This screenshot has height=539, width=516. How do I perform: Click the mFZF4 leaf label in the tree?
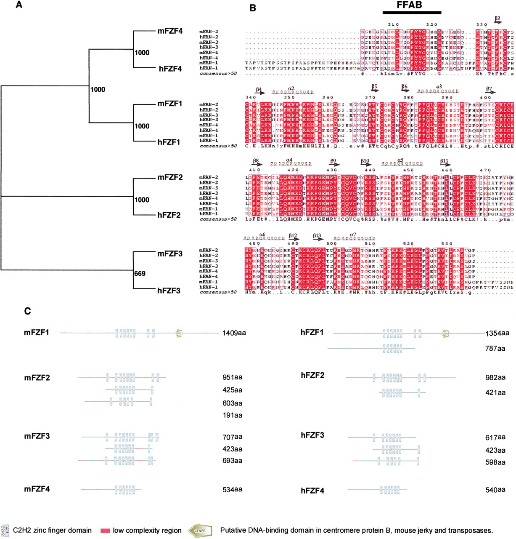pos(170,31)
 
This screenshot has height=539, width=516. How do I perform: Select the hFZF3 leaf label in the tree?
pos(169,290)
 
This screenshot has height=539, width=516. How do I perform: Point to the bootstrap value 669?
pos(140,274)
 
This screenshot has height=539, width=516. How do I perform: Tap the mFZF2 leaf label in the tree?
pos(170,177)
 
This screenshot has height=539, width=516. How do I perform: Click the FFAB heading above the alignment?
pos(409,5)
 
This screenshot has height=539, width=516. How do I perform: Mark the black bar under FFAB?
pos(412,13)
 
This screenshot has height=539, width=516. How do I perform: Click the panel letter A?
pos(19,5)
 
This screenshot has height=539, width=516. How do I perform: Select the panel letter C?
pos(27,311)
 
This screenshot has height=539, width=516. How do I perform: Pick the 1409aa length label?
pos(234,333)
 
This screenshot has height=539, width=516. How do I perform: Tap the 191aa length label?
pos(232,415)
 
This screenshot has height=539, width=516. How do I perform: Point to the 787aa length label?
pos(495,349)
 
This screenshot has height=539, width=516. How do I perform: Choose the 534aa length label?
pos(232,489)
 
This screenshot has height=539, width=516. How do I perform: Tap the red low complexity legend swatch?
pos(105,531)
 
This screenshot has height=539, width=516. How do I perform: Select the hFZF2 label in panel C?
pos(312,375)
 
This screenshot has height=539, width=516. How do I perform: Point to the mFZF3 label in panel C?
pos(37,436)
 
